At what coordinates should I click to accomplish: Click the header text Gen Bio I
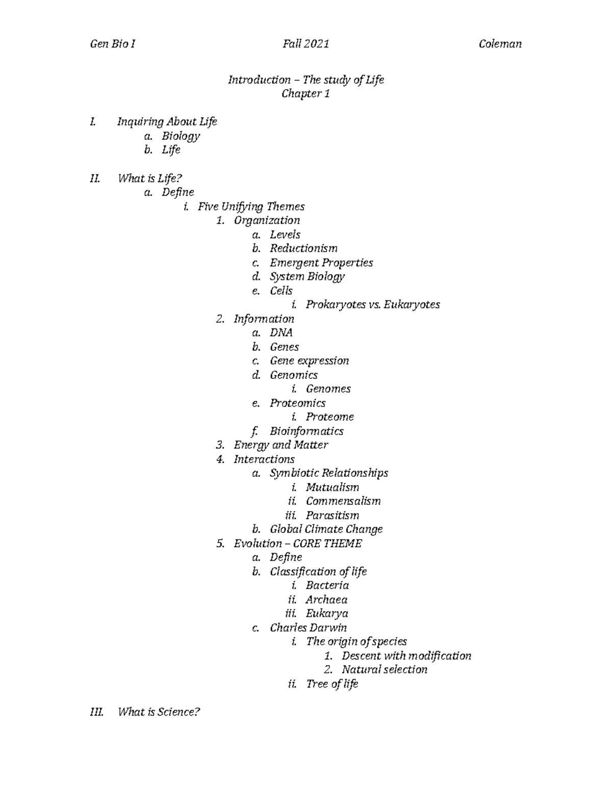click(112, 44)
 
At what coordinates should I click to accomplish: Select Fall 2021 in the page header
click(305, 44)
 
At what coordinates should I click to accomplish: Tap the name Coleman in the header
click(500, 44)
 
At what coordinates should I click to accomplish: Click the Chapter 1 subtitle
click(305, 94)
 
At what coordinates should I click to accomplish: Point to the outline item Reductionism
click(303, 248)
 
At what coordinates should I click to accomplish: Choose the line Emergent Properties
click(321, 263)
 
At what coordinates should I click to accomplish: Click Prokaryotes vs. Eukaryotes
click(372, 304)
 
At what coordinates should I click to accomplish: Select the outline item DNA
click(281, 333)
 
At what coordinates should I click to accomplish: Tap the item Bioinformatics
click(307, 431)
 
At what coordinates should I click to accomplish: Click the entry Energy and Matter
click(280, 445)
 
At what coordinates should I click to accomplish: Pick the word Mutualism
click(333, 487)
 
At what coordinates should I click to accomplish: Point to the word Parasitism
click(333, 515)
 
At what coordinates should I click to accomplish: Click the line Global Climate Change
click(326, 529)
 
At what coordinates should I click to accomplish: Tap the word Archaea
click(326, 600)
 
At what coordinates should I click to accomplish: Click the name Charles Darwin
click(308, 628)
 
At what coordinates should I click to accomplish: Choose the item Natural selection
click(385, 670)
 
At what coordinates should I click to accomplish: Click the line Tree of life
click(332, 684)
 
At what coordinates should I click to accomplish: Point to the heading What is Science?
click(159, 712)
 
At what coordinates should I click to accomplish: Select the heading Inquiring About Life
click(167, 121)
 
